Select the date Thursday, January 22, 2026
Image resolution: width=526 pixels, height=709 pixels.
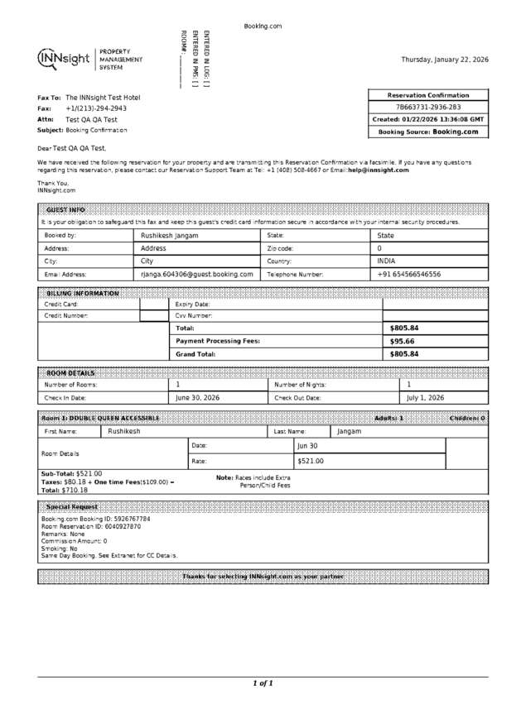click(445, 60)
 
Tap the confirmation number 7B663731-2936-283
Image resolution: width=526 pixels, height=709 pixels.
click(428, 108)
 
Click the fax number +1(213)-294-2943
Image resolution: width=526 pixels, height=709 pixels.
click(96, 108)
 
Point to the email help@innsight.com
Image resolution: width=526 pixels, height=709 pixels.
click(379, 170)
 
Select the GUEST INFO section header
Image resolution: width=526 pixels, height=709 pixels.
click(65, 210)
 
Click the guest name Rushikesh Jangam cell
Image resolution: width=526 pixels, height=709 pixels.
click(170, 235)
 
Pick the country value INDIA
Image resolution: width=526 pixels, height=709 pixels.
click(386, 261)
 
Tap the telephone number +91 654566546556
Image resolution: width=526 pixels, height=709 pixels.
click(409, 274)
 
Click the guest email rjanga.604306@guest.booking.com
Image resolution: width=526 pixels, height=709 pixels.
click(197, 274)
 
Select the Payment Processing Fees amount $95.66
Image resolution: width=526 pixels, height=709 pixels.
click(403, 341)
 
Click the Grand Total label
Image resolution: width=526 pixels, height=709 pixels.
click(195, 354)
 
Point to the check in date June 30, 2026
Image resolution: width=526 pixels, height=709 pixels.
click(198, 398)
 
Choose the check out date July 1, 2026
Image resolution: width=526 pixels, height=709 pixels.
click(425, 398)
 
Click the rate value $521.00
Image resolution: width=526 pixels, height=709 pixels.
click(311, 461)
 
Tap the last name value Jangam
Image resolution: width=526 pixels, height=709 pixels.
click(350, 431)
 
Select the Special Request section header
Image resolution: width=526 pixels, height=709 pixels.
click(72, 506)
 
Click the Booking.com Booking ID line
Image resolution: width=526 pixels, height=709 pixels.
click(96, 519)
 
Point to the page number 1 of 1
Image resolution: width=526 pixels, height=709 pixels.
click(263, 683)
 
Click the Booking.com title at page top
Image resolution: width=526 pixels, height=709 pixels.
click(263, 26)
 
